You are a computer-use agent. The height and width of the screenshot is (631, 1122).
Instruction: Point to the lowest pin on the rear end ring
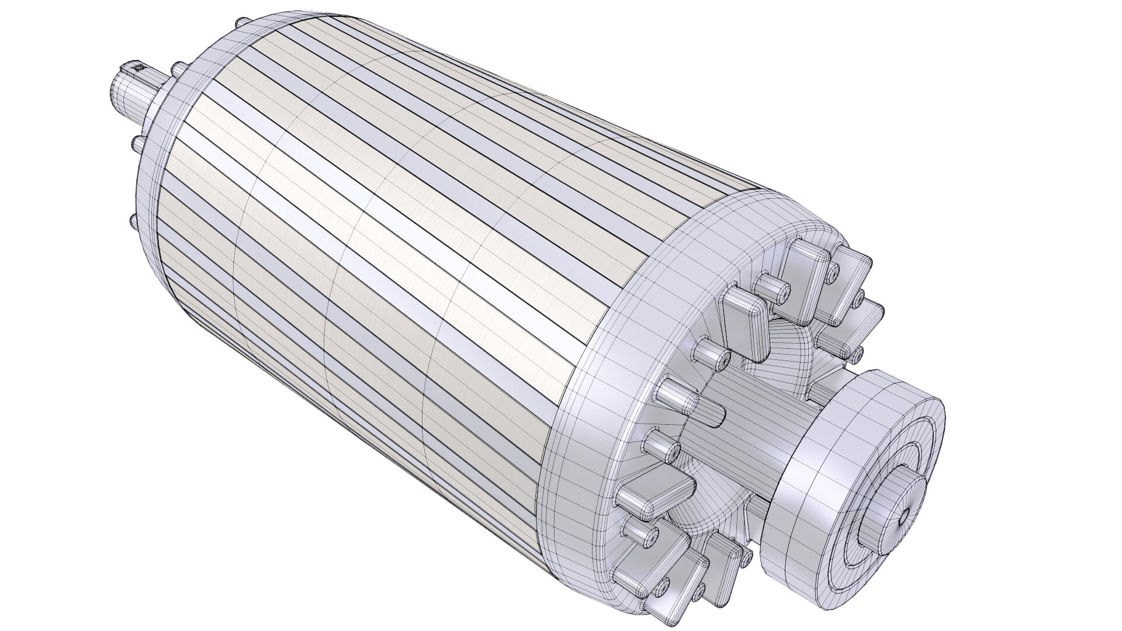coord(130,221)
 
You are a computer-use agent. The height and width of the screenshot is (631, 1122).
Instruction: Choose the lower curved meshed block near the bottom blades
coord(701,514)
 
